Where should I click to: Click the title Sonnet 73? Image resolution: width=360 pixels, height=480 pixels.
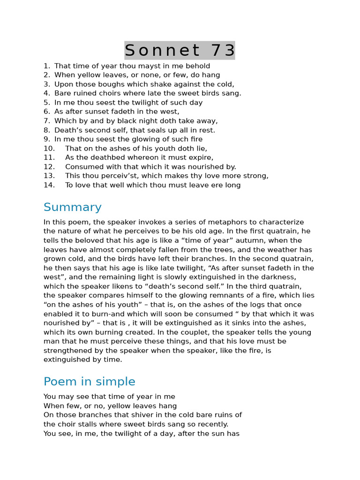point(180,50)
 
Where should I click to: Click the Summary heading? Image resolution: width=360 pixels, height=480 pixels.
point(72,207)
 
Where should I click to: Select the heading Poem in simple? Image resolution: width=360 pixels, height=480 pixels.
point(89,382)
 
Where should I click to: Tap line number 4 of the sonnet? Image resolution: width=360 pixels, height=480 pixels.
point(46,93)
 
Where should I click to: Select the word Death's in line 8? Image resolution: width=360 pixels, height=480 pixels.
point(67,130)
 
